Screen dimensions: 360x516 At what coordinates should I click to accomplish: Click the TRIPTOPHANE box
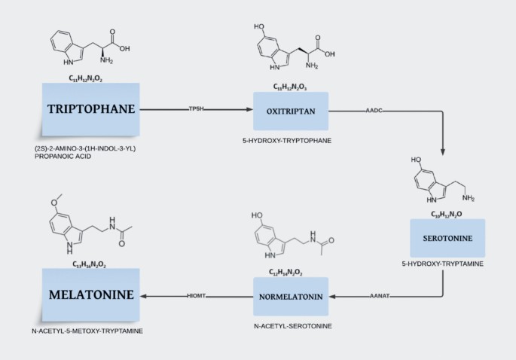(x=90, y=110)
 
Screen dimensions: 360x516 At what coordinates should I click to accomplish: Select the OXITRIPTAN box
(x=291, y=111)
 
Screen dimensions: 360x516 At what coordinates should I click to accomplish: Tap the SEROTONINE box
(x=447, y=238)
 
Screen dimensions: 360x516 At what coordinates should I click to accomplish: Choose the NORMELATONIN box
(x=291, y=296)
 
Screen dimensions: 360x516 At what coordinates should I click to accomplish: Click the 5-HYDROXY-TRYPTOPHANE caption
(x=292, y=141)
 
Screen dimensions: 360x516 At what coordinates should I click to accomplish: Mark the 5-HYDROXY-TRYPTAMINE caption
(x=447, y=264)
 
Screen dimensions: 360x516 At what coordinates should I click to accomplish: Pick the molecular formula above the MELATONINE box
(x=90, y=264)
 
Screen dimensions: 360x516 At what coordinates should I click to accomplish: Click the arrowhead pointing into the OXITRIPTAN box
(x=249, y=110)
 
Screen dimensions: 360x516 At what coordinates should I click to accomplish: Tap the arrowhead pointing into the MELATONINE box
(x=143, y=296)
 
